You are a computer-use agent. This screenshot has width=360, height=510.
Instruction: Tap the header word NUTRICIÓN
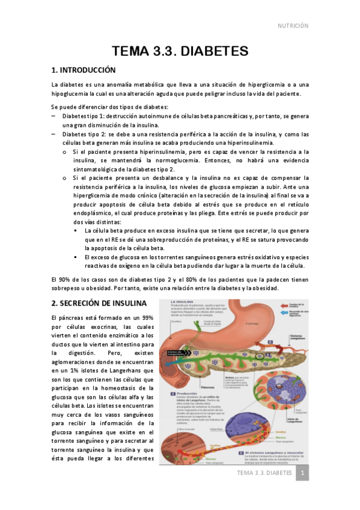pyautogui.click(x=292, y=26)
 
